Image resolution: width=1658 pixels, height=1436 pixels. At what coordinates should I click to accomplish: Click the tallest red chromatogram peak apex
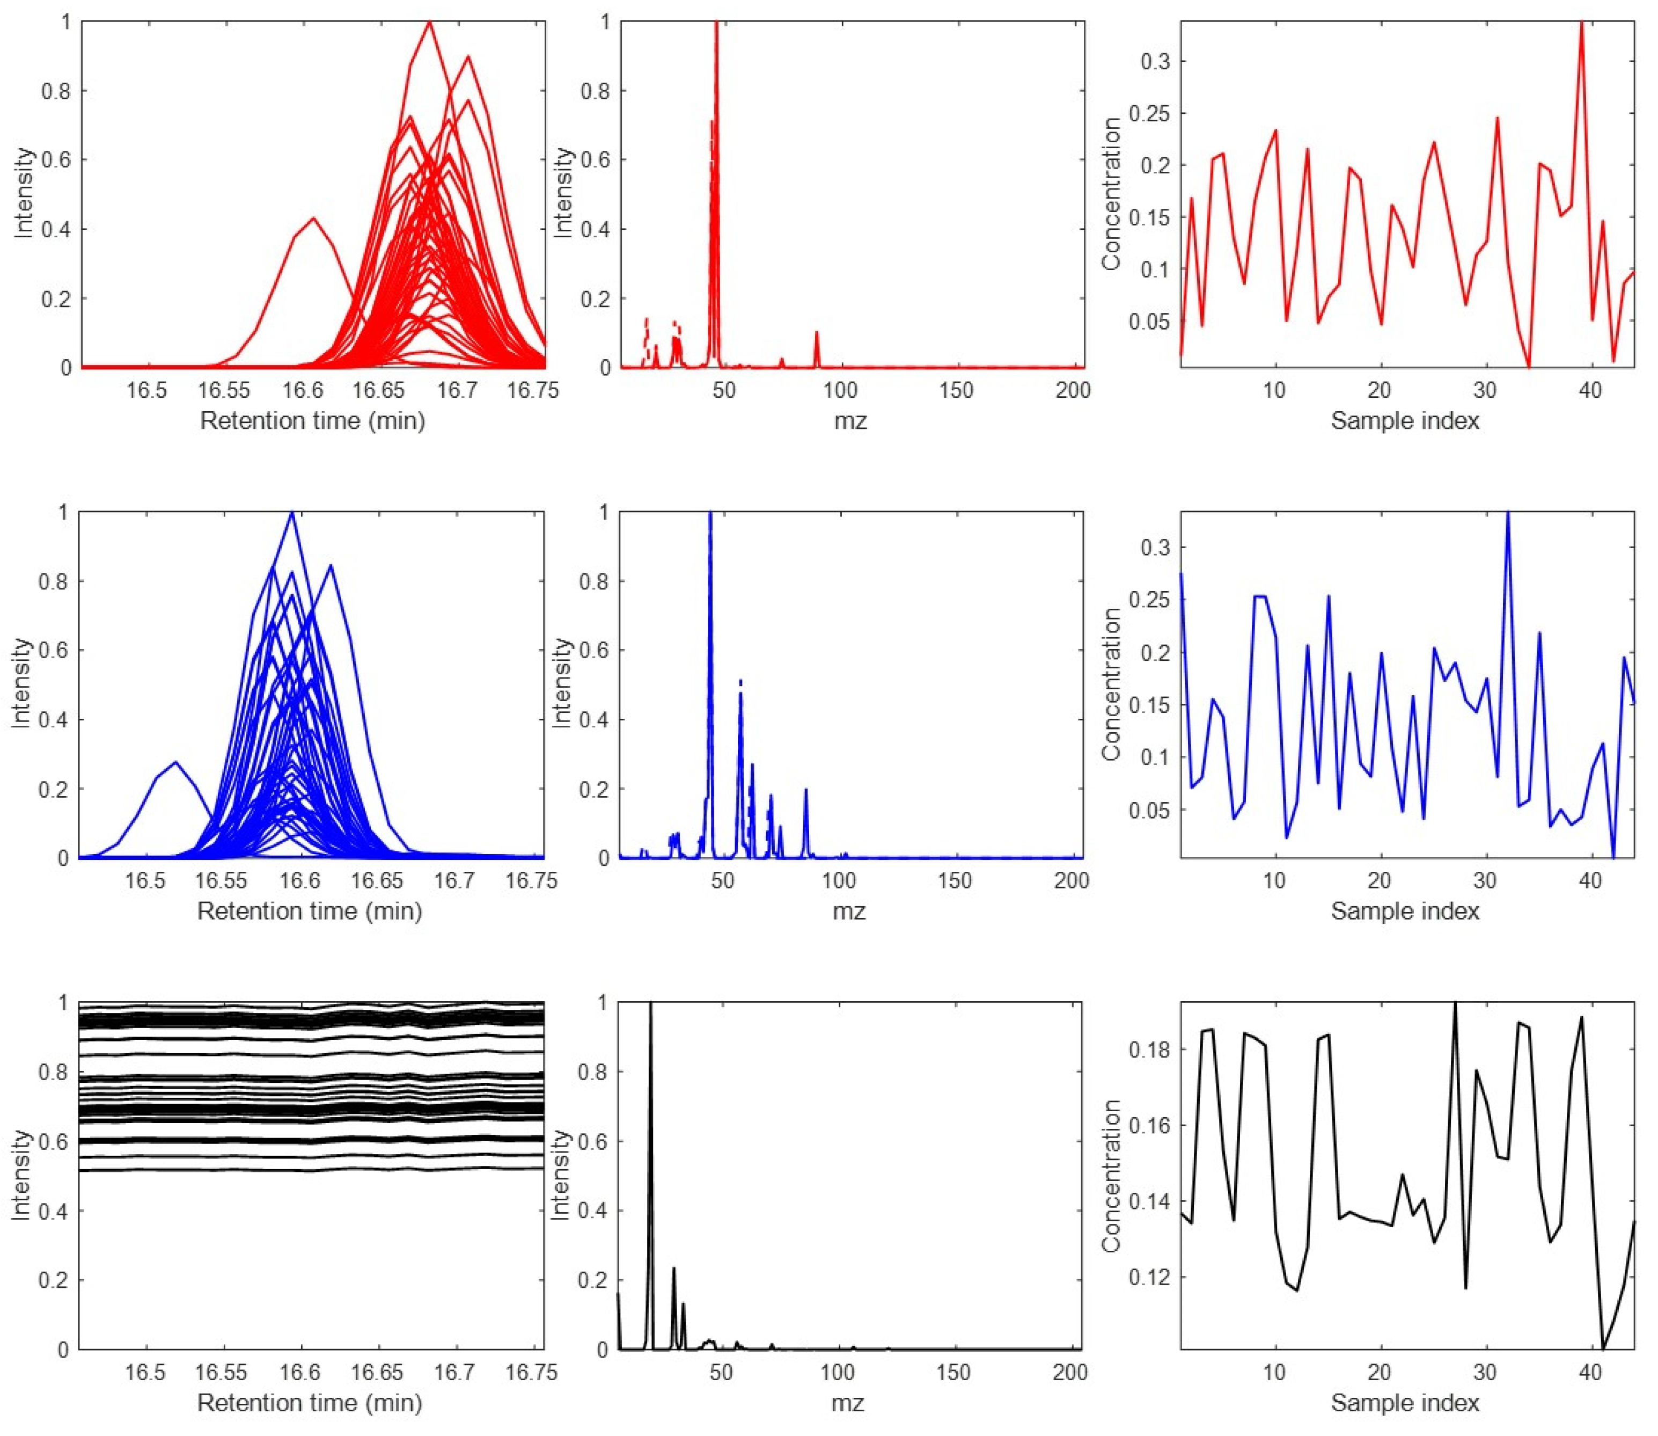coord(430,23)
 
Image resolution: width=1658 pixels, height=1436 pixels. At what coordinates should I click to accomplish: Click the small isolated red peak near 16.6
coord(314,218)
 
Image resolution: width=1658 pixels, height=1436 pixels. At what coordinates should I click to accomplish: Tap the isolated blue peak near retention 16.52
coord(175,762)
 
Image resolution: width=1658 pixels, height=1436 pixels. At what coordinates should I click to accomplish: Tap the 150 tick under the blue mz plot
coord(954,881)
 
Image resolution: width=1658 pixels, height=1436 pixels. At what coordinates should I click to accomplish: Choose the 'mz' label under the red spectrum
coord(850,420)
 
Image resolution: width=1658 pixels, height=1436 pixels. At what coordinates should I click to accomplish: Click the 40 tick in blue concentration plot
coord(1590,881)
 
